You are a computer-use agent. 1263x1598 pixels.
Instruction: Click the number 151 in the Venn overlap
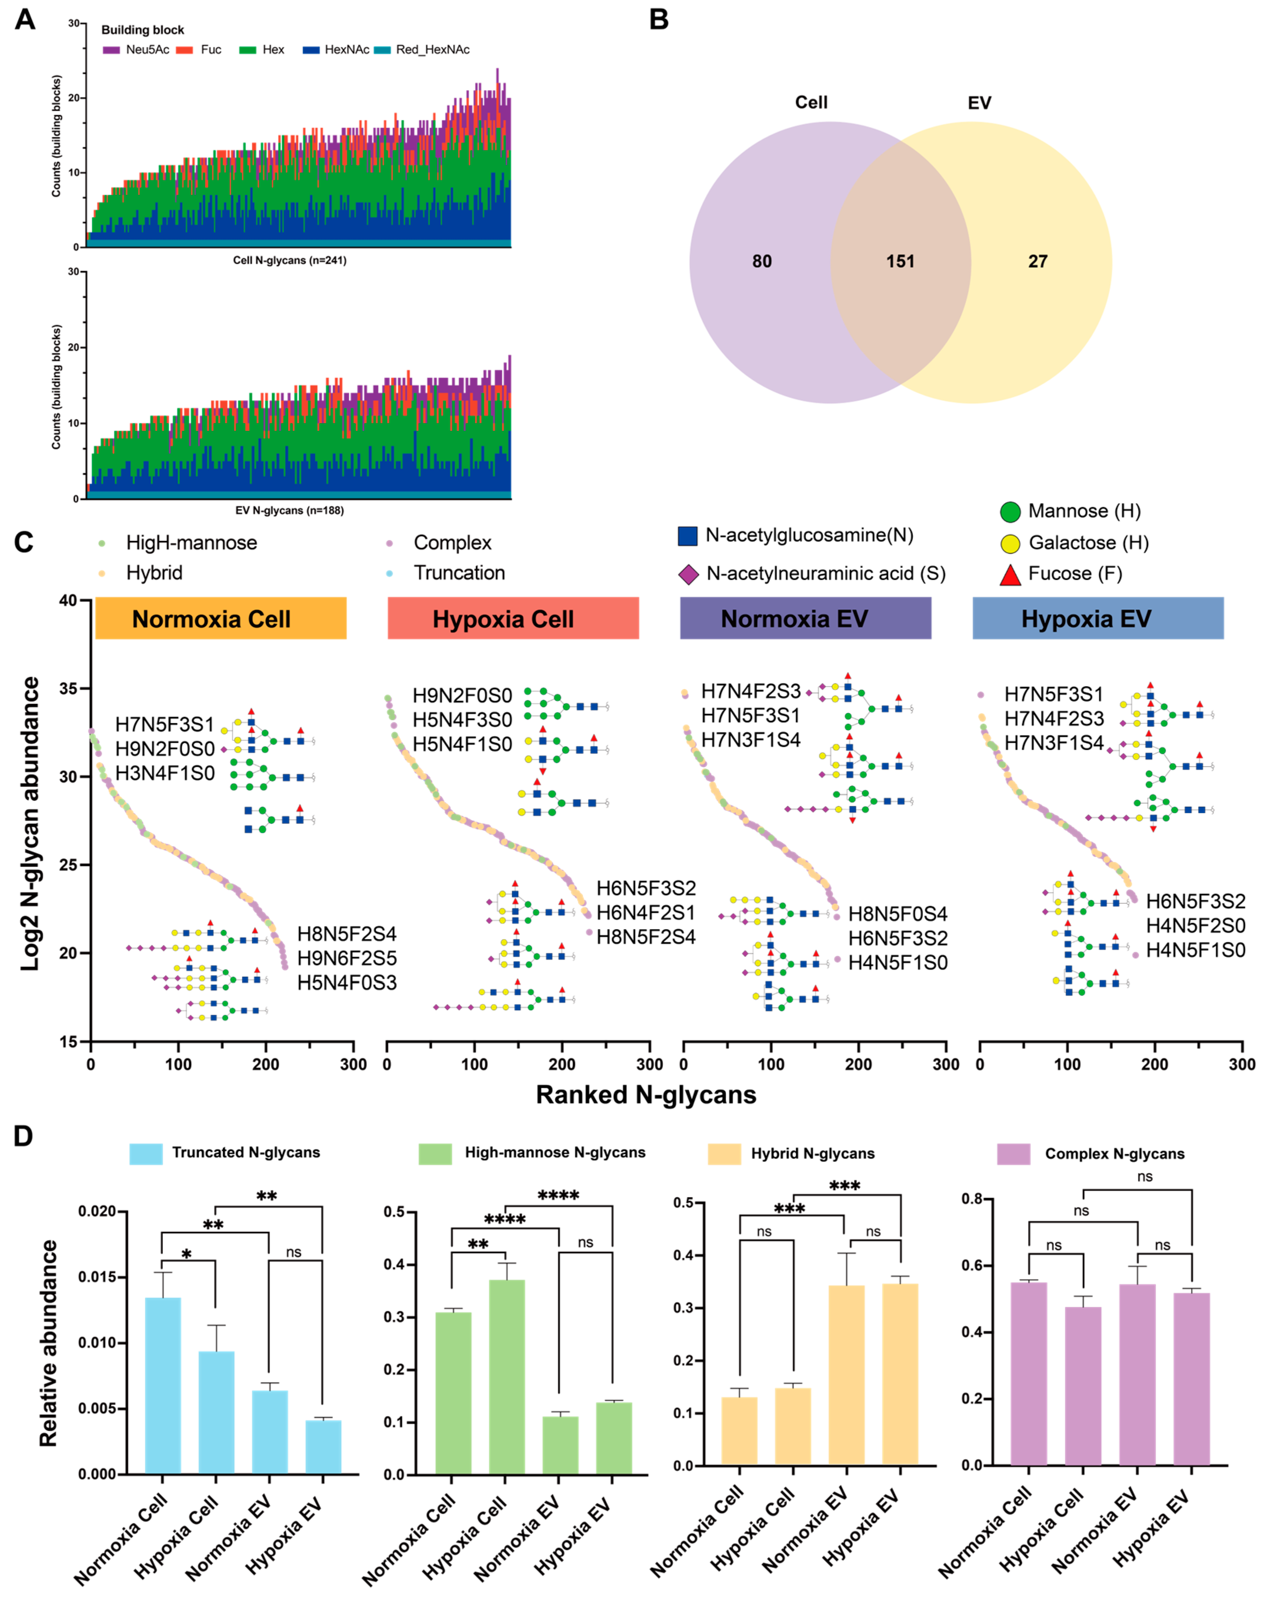click(x=900, y=262)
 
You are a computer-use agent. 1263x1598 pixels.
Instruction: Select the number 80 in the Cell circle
click(x=761, y=262)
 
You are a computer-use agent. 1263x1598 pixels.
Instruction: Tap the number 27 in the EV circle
click(x=1038, y=262)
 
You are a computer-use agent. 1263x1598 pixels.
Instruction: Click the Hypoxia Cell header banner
click(x=513, y=619)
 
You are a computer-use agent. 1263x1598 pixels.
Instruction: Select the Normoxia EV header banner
click(x=805, y=619)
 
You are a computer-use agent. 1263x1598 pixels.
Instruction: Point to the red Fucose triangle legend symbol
click(x=1010, y=574)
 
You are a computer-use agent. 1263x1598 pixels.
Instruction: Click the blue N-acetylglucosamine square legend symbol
click(x=688, y=536)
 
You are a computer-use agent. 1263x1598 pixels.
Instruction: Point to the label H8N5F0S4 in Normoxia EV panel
click(x=898, y=914)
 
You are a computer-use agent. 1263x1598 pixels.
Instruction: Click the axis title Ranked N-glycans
click(x=646, y=1095)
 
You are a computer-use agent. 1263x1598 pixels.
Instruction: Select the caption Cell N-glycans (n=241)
click(x=289, y=260)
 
